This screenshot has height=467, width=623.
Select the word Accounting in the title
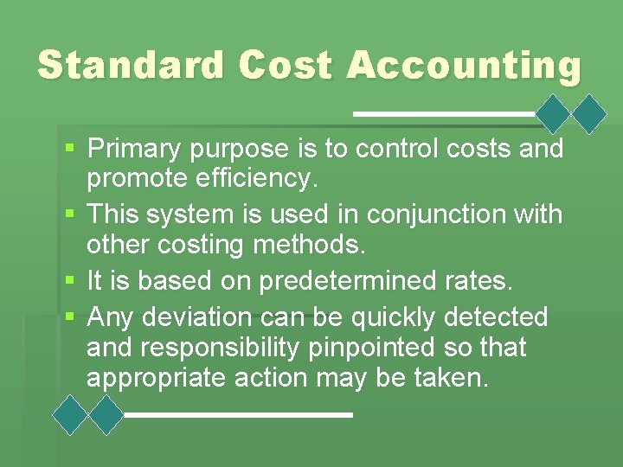click(464, 66)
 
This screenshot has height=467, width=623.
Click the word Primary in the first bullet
click(135, 150)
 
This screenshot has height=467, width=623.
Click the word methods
click(310, 246)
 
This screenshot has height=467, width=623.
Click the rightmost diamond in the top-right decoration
click(591, 113)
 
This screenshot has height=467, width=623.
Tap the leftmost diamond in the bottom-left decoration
click(71, 415)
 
